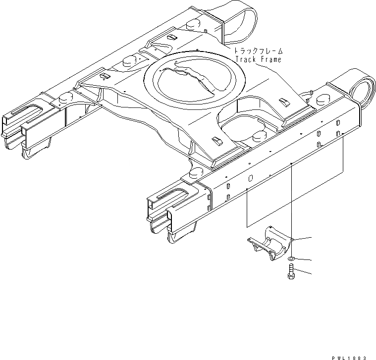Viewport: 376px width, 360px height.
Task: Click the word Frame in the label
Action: point(270,60)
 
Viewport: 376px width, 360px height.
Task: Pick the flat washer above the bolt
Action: point(292,258)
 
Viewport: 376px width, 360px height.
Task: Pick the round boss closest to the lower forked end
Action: point(195,173)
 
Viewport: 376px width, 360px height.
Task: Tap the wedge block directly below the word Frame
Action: point(283,102)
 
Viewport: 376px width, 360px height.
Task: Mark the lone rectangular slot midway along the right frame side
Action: point(251,178)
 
